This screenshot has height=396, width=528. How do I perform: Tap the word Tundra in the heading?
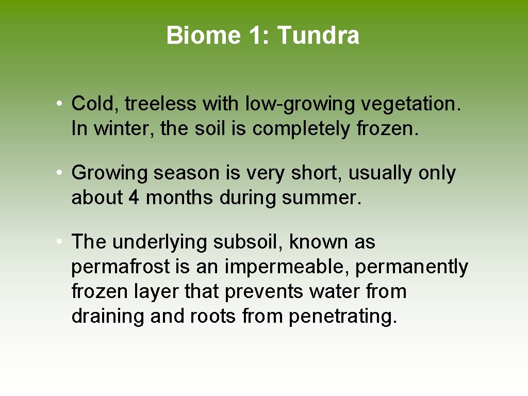coord(318,36)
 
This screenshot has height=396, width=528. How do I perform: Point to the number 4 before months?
coord(134,197)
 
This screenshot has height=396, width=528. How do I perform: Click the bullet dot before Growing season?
coord(60,173)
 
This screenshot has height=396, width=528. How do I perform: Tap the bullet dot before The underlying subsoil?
coord(60,241)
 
